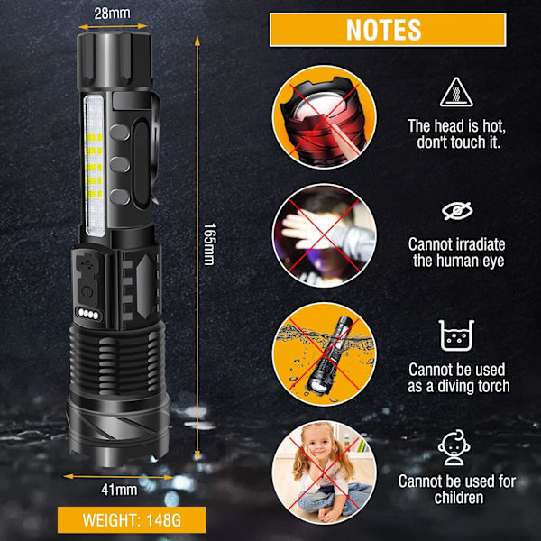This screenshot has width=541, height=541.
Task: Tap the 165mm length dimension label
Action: click(209, 244)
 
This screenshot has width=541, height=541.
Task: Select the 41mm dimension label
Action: click(119, 490)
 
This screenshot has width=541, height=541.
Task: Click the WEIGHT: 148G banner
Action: click(132, 520)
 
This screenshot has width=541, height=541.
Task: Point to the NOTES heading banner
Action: click(388, 30)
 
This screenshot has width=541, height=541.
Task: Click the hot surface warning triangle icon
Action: click(456, 92)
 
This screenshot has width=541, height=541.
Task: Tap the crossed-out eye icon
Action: click(457, 211)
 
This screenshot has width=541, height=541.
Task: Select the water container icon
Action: click(456, 335)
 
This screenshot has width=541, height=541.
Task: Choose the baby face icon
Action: click(454, 447)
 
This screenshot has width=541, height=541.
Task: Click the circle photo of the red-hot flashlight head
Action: click(324, 117)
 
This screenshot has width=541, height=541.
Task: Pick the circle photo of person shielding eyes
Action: click(324, 235)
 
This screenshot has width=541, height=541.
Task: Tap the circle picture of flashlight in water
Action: click(324, 354)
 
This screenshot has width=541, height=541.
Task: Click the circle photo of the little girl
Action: click(324, 472)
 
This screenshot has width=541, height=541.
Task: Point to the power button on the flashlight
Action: click(87, 292)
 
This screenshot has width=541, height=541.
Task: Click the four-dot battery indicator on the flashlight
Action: click(88, 314)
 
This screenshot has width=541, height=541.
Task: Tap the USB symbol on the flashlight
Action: click(86, 264)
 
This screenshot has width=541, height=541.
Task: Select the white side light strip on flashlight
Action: click(94, 166)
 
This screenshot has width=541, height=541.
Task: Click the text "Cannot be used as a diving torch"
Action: click(459, 378)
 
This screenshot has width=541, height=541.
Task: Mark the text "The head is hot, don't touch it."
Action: click(456, 133)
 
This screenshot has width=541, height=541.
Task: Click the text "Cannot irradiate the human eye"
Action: click(457, 252)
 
